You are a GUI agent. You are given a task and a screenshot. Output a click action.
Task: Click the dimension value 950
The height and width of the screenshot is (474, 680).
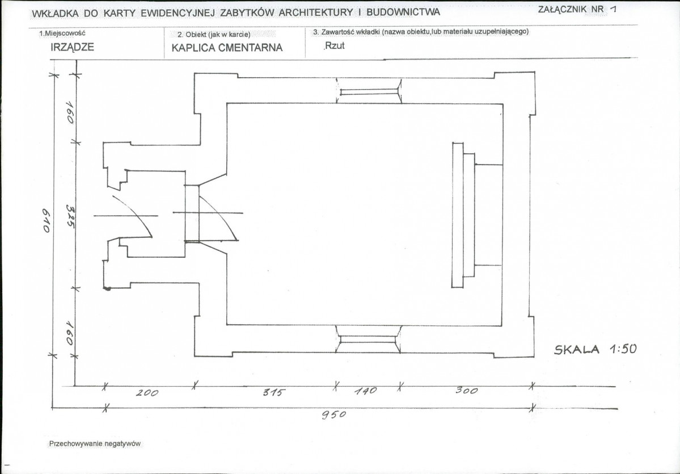[x=334, y=415]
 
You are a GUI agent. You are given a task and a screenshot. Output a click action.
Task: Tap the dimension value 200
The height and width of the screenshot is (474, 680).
[x=147, y=393]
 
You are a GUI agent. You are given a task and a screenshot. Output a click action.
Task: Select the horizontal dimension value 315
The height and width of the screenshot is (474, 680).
[x=274, y=393]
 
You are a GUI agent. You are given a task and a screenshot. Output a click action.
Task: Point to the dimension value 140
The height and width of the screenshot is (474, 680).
[x=366, y=392]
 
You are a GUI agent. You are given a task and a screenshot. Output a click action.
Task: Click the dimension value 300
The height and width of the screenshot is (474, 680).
[x=467, y=391]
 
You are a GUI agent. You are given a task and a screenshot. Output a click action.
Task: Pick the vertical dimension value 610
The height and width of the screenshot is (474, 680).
[x=47, y=220]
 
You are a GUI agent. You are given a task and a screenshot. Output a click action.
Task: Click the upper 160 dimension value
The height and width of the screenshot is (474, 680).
[x=70, y=112]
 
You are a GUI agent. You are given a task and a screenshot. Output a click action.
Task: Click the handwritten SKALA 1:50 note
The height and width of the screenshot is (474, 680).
[x=595, y=350]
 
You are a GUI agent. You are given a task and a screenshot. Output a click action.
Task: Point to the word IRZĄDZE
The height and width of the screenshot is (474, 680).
[x=73, y=48]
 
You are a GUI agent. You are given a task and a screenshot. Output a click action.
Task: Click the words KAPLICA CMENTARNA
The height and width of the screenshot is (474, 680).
[x=227, y=48]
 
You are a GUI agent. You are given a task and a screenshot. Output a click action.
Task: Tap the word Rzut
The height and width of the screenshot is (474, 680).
[x=335, y=45]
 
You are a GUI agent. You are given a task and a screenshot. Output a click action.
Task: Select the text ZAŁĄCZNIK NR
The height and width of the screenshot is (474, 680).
[x=571, y=9]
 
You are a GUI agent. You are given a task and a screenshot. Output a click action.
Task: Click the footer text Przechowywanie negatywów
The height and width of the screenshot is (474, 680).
[x=95, y=443]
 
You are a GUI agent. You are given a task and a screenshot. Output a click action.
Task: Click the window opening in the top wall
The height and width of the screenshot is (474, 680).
[x=369, y=91]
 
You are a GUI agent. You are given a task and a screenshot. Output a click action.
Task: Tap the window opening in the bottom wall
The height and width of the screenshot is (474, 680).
[x=369, y=338]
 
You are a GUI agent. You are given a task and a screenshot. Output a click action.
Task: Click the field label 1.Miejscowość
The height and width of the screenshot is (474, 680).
[x=62, y=33]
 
